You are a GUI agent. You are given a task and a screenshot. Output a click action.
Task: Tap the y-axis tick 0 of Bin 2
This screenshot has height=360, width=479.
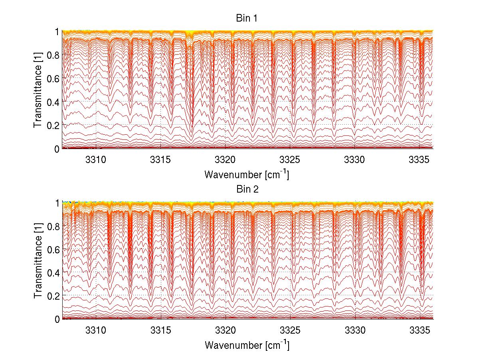point(57,319)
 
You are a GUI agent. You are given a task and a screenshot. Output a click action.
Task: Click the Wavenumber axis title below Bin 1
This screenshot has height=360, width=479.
point(247,174)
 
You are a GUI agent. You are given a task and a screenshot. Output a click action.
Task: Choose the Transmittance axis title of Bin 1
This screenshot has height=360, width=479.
point(38,90)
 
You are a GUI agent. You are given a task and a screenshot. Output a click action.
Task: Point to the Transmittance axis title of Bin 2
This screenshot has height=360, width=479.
point(38,261)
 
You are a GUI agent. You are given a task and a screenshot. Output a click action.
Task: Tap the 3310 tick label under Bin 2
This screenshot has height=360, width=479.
point(97,330)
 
